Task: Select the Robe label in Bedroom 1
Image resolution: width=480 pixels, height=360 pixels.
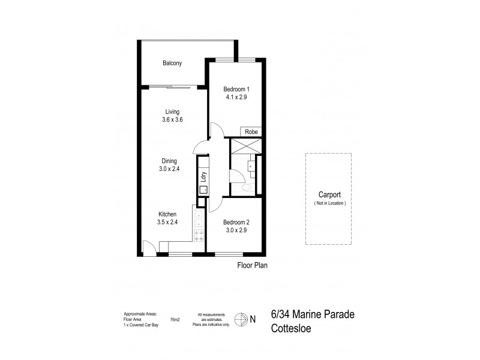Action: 251,132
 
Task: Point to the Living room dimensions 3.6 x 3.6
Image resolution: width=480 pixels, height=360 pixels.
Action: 172,119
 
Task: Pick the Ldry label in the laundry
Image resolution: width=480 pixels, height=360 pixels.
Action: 204,177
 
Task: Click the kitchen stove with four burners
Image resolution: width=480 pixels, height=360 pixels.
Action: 199,235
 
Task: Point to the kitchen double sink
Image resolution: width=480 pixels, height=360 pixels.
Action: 199,219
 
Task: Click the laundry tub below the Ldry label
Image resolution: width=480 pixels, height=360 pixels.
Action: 204,190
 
